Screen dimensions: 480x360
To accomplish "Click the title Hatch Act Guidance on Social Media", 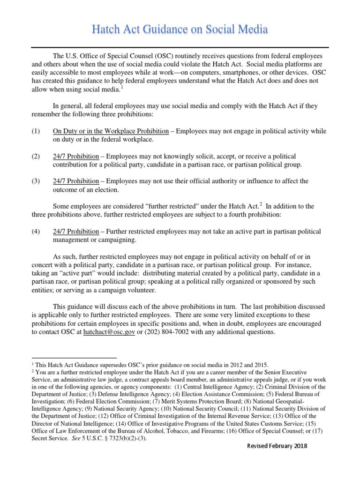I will click(180, 30).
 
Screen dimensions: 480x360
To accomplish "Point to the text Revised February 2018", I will click(277, 446).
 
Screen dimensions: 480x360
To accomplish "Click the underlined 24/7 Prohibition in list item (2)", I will click(76, 156).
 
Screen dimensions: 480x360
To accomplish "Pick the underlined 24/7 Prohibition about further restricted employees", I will click(76, 232).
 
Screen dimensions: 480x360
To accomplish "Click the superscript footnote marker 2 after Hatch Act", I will click(261, 204).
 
